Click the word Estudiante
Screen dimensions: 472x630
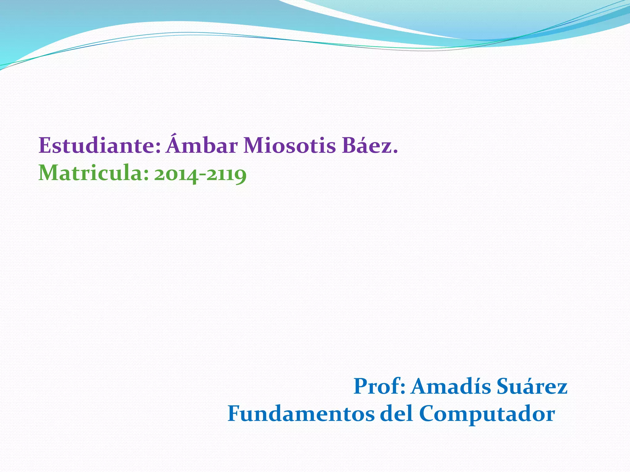[97, 145]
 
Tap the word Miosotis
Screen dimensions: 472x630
[289, 145]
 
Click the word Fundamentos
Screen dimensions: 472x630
[301, 414]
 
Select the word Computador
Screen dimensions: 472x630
[487, 414]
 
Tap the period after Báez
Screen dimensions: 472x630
[395, 151]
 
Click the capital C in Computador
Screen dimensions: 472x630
[429, 414]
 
